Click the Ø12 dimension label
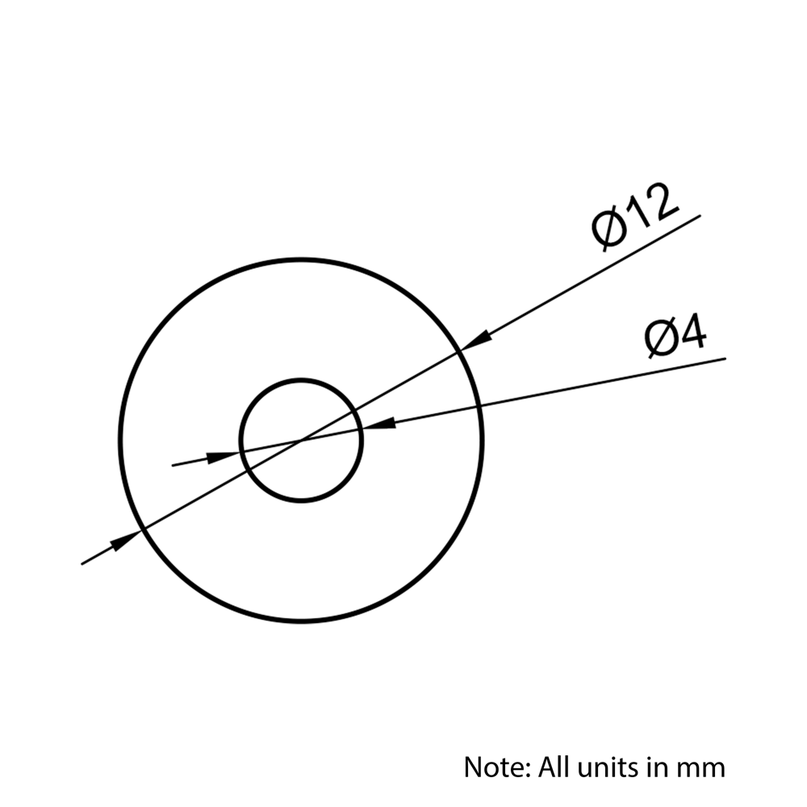(635, 217)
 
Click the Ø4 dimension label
(675, 336)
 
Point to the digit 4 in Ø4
(692, 333)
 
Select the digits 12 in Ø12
(651, 208)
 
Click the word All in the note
(555, 767)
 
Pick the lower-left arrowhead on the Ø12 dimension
(125, 540)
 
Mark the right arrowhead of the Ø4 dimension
(378, 424)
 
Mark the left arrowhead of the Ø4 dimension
(224, 456)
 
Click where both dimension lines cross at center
(301, 440)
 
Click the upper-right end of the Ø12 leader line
(700, 215)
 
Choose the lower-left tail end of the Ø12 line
(82, 565)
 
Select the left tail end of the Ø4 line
(172, 466)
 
